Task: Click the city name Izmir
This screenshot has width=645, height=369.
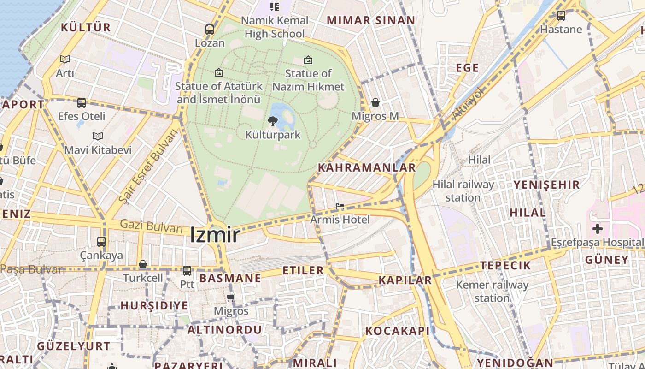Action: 215,235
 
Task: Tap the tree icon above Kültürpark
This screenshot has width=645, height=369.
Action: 273,122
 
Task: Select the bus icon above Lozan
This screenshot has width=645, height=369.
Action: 210,30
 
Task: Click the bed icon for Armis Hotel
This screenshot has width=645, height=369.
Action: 340,206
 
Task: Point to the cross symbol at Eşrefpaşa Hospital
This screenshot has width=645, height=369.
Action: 598,228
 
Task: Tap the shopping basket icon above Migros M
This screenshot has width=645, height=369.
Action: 375,102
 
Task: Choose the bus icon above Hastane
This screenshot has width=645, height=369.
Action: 561,16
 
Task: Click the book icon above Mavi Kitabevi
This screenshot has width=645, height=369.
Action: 97,137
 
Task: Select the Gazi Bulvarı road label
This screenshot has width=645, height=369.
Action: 152,226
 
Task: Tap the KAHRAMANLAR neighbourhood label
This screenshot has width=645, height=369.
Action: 367,167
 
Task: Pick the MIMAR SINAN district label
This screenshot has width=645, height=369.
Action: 371,20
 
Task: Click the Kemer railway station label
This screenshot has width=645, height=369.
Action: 492,291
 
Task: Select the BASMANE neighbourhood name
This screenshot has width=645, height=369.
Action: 230,278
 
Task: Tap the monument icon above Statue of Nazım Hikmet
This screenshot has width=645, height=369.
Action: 308,60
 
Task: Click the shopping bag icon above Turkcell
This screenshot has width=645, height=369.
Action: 143,265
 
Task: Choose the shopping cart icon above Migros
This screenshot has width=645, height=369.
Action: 231,298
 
